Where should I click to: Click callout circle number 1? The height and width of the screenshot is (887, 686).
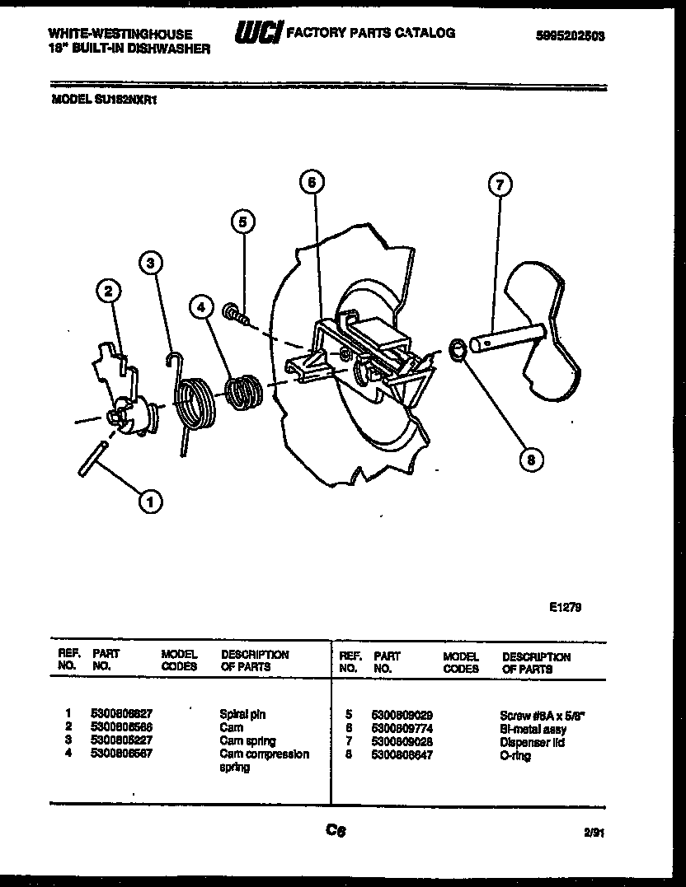[x=150, y=500]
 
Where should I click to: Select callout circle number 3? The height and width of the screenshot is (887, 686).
[x=149, y=263]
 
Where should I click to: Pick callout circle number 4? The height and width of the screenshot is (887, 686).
[x=200, y=306]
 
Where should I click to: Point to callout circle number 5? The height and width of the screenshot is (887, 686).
[x=242, y=221]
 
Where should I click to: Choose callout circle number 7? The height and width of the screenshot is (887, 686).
[x=498, y=185]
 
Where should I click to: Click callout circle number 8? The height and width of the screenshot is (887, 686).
[x=531, y=460]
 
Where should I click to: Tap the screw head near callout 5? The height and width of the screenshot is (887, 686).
[x=232, y=311]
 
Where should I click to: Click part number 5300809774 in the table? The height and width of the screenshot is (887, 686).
[x=402, y=729]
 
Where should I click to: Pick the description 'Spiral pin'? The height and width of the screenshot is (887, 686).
[x=242, y=715]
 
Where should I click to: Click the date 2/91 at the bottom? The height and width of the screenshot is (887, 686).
[x=594, y=833]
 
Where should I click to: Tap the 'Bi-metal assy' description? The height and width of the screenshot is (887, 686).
[x=533, y=729]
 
